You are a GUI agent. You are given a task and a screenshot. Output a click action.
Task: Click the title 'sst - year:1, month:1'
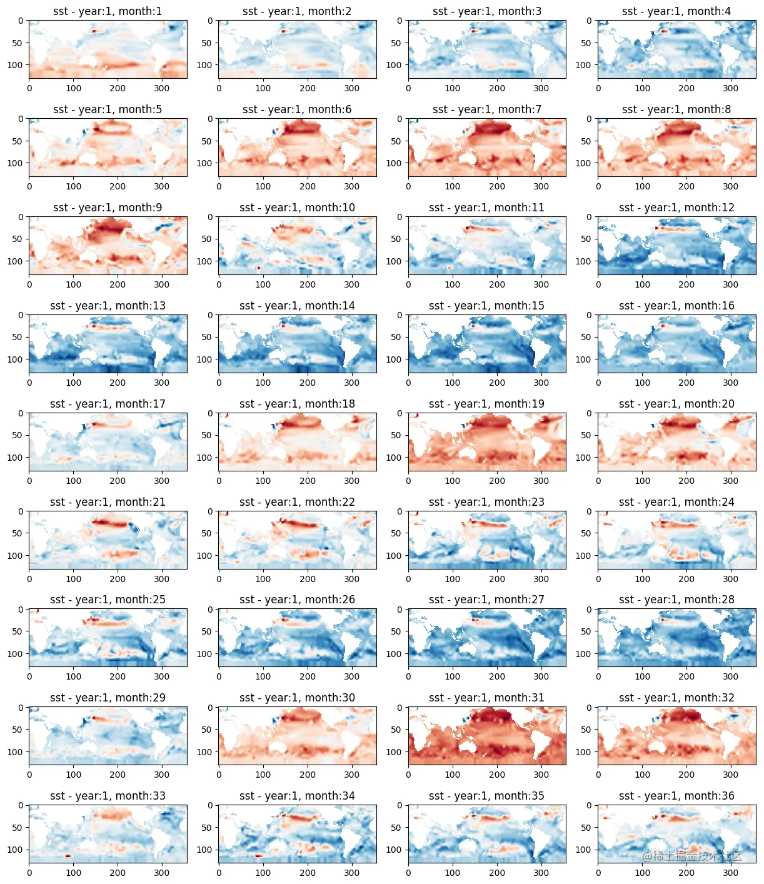pyautogui.click(x=108, y=11)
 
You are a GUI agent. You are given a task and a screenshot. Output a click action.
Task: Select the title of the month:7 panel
pyautogui.click(x=486, y=109)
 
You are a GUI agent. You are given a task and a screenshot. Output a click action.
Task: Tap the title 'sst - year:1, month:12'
pyautogui.click(x=676, y=208)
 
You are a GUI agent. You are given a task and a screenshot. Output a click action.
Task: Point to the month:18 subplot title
pyautogui.click(x=297, y=404)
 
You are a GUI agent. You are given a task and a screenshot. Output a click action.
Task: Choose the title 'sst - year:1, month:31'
pyautogui.click(x=486, y=698)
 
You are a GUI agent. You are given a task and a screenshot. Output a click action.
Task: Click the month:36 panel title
pyautogui.click(x=676, y=796)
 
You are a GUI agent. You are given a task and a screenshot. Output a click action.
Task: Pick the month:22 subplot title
pyautogui.click(x=297, y=502)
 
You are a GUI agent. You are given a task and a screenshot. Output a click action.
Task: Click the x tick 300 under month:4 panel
pyautogui.click(x=730, y=88)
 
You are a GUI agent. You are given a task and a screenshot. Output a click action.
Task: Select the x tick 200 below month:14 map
pyautogui.click(x=308, y=383)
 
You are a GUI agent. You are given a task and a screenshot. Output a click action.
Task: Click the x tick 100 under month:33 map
pyautogui.click(x=74, y=873)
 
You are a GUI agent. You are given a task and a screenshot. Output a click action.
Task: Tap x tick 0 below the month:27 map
pyautogui.click(x=409, y=676)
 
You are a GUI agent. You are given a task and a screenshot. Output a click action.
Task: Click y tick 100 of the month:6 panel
pyautogui.click(x=204, y=163)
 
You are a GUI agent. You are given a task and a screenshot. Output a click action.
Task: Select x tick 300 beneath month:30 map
pyautogui.click(x=351, y=775)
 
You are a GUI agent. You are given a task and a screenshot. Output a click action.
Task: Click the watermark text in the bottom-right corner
pyautogui.click(x=692, y=856)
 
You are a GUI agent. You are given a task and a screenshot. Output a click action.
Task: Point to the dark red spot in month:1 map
pyautogui.click(x=94, y=31)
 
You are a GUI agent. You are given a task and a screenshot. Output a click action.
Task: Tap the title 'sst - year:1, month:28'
pyautogui.click(x=676, y=600)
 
